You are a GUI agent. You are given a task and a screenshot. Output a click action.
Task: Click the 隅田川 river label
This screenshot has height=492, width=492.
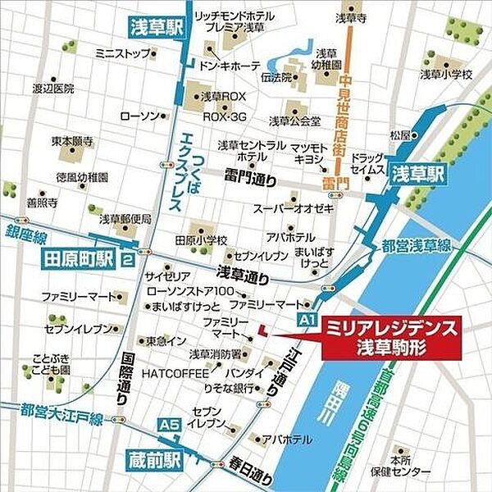[341, 394]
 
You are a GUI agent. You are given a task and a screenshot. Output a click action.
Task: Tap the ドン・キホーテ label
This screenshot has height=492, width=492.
[230, 65]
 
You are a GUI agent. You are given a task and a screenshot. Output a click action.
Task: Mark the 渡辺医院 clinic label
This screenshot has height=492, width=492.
[52, 88]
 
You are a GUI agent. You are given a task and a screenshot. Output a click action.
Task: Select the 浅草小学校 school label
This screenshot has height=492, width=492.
[447, 75]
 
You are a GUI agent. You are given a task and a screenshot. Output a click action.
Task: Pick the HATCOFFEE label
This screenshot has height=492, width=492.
[171, 372]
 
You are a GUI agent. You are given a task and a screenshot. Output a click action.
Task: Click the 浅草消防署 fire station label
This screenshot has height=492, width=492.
[216, 354]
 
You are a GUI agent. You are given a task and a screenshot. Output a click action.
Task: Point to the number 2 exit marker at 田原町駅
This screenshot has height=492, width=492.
[127, 261]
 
